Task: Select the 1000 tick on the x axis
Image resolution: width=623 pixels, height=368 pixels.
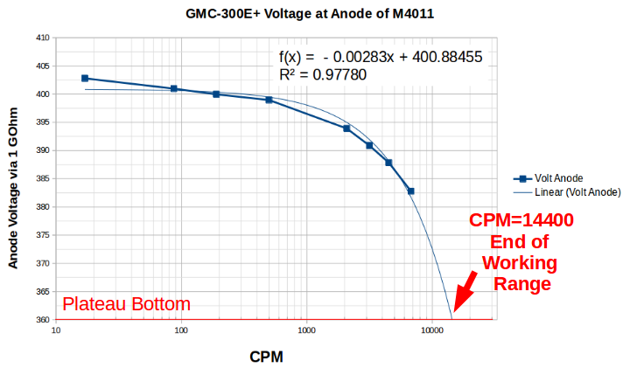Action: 306,331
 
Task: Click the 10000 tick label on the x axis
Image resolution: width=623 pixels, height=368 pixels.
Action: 430,331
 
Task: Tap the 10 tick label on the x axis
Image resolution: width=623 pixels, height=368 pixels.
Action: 56,331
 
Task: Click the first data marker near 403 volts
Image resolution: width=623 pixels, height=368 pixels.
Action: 85,78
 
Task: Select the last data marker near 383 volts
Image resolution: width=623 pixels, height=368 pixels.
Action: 410,191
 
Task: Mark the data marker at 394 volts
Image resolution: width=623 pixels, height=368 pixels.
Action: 346,128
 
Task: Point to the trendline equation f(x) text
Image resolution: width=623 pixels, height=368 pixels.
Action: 381,58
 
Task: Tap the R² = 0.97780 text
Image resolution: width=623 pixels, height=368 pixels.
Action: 322,76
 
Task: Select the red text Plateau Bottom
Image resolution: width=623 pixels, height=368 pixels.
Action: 126,304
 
